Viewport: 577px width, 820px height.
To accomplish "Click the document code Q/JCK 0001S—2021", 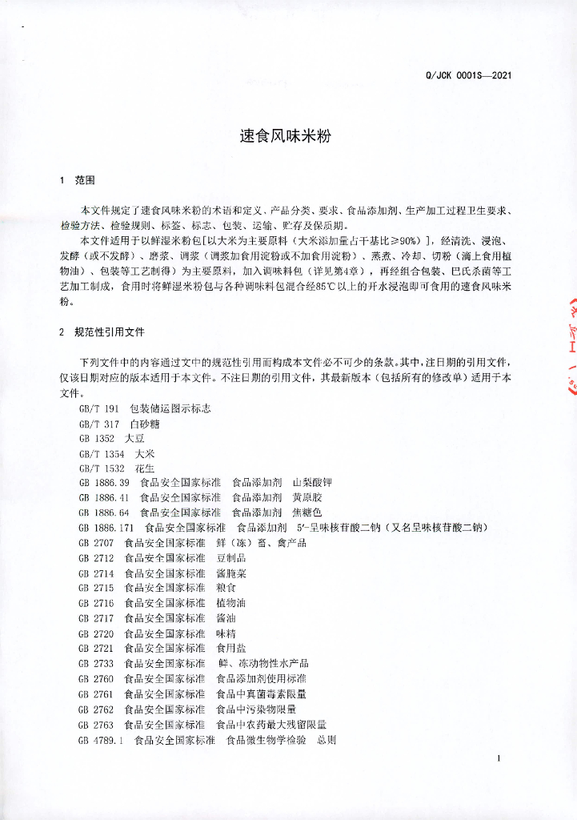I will tap(469, 76).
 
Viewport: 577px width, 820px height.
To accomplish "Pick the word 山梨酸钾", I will tap(312, 483).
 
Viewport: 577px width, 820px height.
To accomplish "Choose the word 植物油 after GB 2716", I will tap(231, 603).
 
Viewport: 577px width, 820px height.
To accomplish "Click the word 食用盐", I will tap(231, 649).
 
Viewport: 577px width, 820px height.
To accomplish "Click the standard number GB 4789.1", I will tap(101, 740).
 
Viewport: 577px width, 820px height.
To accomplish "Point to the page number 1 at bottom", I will tap(499, 758).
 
